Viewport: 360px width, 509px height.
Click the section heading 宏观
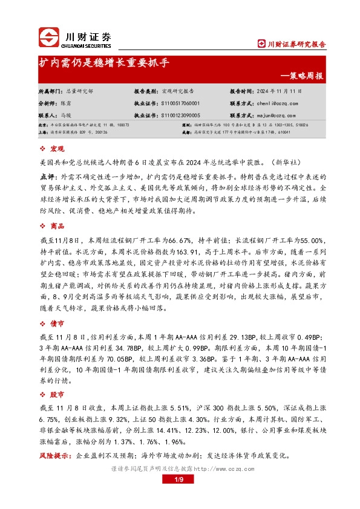click(57, 148)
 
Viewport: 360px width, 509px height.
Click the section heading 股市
click(57, 394)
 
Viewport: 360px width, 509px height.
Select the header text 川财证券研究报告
click(296, 44)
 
